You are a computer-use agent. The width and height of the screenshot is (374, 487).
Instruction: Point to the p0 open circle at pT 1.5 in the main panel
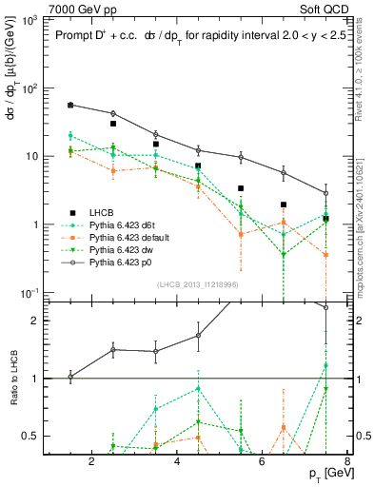[70, 105]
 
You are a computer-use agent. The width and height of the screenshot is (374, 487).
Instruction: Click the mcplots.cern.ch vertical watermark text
[362, 219]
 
